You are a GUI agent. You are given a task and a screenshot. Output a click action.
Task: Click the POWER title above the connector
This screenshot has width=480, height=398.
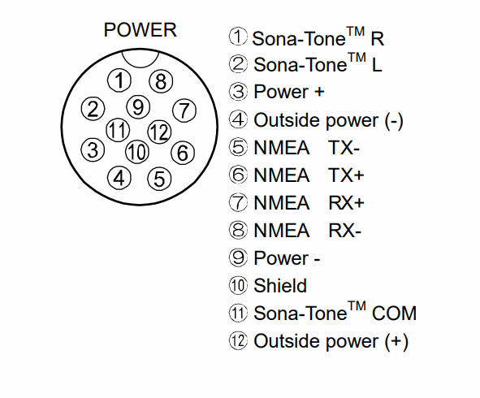click(x=141, y=30)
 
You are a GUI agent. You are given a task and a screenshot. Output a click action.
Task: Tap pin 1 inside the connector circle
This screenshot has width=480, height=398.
click(x=119, y=80)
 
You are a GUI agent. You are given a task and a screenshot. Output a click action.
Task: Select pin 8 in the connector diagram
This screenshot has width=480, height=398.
click(x=161, y=81)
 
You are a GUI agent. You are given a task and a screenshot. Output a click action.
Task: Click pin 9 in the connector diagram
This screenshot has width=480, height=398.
click(x=138, y=107)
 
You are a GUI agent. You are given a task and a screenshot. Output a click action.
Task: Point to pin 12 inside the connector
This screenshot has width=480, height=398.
click(x=159, y=132)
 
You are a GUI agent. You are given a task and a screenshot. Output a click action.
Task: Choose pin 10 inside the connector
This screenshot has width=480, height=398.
click(x=137, y=152)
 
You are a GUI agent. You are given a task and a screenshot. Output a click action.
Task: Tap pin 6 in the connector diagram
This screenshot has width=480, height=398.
click(x=183, y=152)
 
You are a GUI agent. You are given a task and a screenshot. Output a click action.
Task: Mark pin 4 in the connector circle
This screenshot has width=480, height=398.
click(x=119, y=178)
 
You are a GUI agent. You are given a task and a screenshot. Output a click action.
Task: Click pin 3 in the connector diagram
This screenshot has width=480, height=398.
click(x=93, y=149)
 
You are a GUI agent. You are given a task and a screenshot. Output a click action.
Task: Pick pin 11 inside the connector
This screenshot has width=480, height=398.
click(x=118, y=130)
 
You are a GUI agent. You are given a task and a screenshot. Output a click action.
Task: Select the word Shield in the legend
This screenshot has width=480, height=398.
click(x=280, y=286)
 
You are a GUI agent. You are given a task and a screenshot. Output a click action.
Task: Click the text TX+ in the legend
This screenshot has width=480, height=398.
click(x=346, y=175)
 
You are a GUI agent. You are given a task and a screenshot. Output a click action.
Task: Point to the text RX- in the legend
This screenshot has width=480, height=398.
click(x=344, y=230)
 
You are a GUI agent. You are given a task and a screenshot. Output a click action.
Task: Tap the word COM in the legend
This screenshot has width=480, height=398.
click(x=394, y=314)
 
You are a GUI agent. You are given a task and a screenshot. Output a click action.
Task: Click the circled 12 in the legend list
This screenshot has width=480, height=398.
click(x=238, y=341)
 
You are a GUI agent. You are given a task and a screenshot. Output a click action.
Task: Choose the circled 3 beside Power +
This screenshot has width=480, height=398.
click(x=238, y=92)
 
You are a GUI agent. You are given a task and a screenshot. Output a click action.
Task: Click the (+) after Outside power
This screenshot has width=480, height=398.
click(x=396, y=342)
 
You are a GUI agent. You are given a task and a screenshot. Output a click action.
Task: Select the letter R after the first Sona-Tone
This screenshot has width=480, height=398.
click(x=377, y=39)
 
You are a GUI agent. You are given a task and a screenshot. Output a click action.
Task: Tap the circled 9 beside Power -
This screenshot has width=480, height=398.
click(x=238, y=257)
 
